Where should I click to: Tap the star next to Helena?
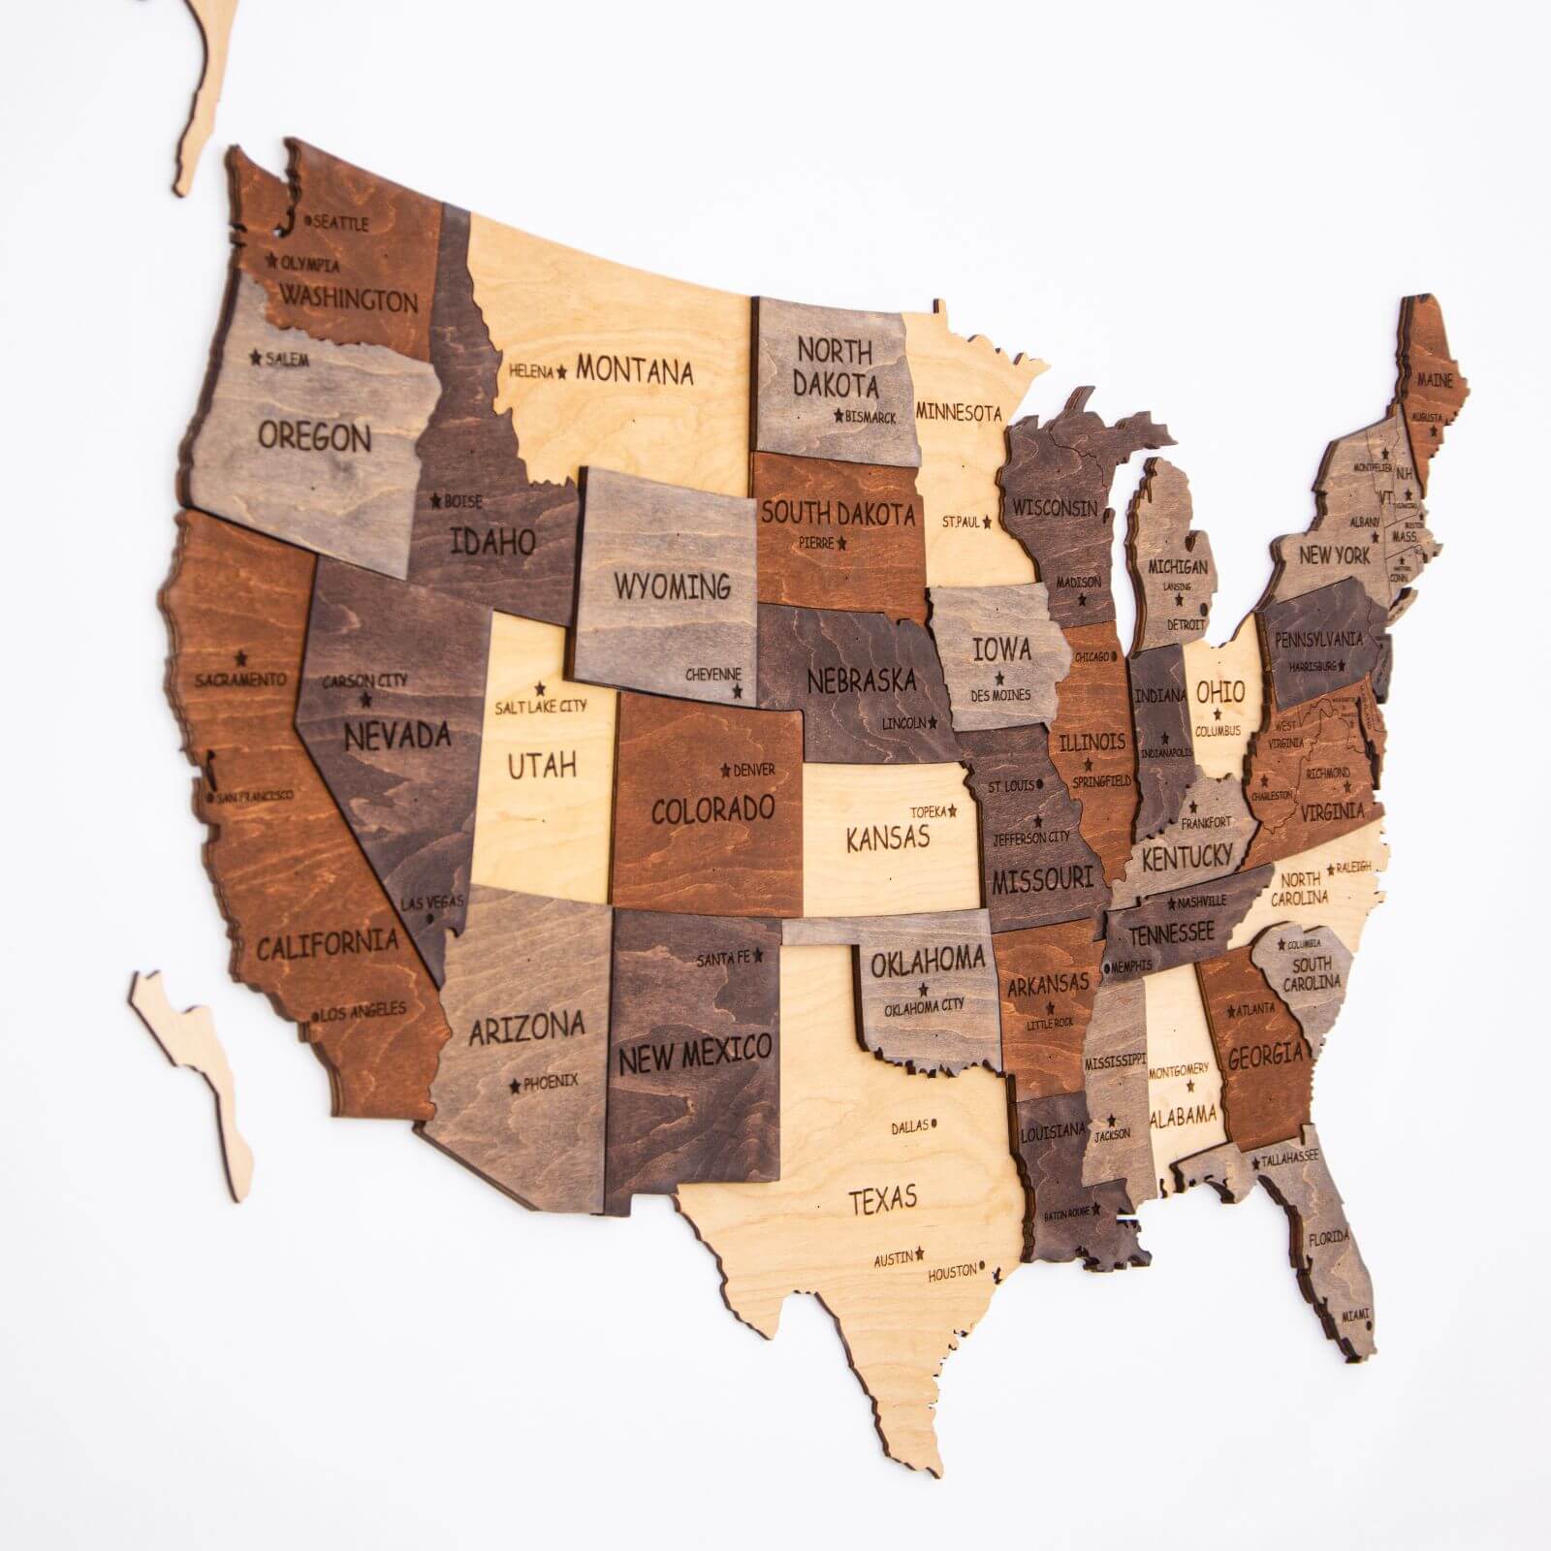coord(560,370)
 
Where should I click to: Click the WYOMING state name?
coord(672,586)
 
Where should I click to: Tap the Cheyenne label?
coord(713,674)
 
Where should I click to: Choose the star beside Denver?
coord(725,770)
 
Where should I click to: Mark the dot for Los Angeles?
coord(315,1017)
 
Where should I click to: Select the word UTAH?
coord(543,765)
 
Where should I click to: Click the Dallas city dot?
coord(935,1125)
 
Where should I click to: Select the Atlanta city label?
coord(1255,1009)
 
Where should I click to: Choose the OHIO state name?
coord(1220,692)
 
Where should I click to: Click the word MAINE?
coord(1435,381)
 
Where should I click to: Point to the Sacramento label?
coord(240,680)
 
